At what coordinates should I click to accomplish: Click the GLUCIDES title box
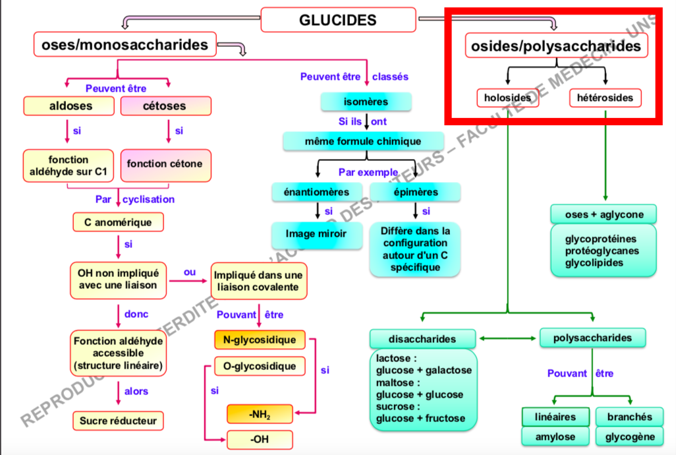[x=338, y=20]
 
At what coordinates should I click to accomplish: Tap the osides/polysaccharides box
[x=555, y=46]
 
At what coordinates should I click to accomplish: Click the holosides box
[x=507, y=98]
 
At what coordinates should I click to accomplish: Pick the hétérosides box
[x=604, y=98]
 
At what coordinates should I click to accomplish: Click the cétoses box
[x=165, y=106]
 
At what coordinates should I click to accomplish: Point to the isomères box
[x=366, y=102]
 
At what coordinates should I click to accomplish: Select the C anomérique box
[x=118, y=222]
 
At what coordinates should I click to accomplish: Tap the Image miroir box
[x=316, y=233]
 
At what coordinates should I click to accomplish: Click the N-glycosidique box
[x=260, y=340]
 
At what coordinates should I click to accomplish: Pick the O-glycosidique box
[x=260, y=366]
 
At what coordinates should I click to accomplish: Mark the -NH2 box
[x=260, y=414]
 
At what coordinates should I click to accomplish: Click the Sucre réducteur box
[x=118, y=420]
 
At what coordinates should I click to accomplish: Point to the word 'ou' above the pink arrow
[x=190, y=272]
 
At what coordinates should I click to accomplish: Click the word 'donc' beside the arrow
[x=136, y=314]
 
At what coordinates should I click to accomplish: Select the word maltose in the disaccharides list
[x=395, y=382]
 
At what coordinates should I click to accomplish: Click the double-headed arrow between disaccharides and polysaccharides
[x=507, y=338]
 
